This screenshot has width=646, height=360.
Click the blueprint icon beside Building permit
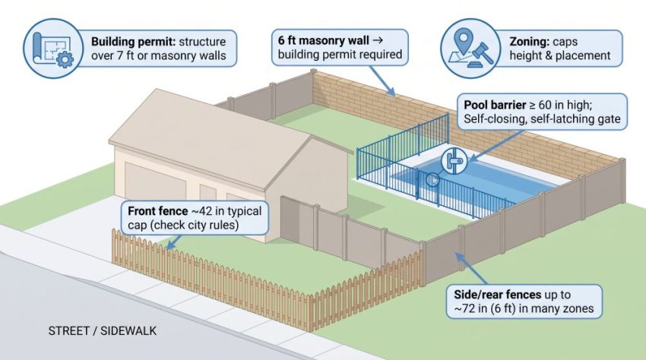click(53, 48)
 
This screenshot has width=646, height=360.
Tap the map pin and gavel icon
click(470, 48)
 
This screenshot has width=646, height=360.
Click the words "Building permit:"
click(134, 42)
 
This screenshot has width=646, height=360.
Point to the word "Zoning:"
click(530, 42)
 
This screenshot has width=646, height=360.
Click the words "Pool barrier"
click(495, 105)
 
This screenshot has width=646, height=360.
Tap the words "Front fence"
click(158, 211)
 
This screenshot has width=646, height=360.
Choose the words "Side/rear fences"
click(497, 295)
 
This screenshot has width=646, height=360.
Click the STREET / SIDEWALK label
click(102, 330)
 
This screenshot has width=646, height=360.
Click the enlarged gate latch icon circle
click(454, 161)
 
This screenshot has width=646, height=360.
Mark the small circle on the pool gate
click(432, 179)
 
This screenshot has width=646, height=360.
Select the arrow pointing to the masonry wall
click(382, 81)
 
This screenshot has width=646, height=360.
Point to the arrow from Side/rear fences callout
click(471, 269)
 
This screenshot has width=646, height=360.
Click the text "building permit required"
click(340, 55)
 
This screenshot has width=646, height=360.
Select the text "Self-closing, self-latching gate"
click(542, 119)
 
